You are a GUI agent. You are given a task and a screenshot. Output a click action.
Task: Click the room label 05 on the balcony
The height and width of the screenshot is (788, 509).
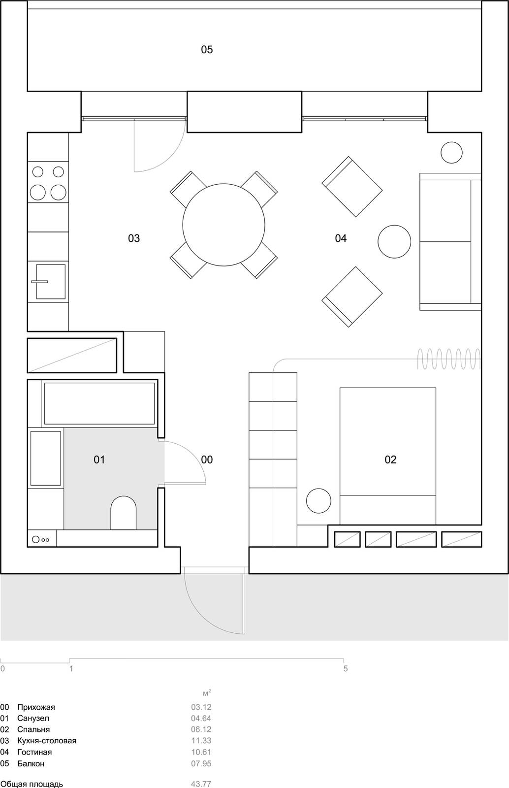point(207,49)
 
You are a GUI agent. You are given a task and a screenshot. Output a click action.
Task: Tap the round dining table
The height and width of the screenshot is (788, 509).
point(223,225)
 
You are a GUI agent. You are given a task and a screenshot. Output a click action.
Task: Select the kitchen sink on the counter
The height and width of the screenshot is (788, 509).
point(51,282)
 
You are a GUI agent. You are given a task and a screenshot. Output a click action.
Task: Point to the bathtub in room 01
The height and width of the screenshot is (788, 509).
point(99,403)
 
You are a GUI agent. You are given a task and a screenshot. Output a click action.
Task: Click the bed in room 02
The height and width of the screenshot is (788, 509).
point(387,456)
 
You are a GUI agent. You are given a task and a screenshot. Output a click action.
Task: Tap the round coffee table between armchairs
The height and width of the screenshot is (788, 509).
point(394,241)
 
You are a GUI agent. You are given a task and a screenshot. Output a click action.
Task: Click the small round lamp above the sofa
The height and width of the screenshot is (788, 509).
point(451,152)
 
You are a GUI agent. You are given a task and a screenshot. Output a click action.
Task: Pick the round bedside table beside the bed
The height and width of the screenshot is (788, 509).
point(318,501)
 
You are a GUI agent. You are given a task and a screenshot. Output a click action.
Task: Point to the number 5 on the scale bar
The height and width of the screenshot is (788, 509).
point(346,669)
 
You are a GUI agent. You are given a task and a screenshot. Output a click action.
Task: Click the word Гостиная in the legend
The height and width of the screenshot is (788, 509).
point(34,752)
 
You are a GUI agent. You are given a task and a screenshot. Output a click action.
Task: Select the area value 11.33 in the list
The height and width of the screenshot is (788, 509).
point(201,741)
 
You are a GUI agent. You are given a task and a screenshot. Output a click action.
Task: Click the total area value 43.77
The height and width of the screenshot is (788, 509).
point(201,784)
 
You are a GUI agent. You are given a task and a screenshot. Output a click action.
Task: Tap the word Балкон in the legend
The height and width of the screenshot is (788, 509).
point(31,763)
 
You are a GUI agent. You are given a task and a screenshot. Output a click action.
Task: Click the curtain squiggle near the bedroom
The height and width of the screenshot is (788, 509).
point(448,359)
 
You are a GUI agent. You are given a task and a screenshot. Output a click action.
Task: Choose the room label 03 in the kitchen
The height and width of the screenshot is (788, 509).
point(134,238)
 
